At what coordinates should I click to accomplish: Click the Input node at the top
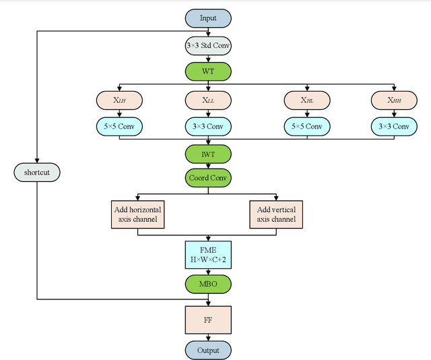tap(208, 18)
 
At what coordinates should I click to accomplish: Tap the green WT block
tap(208, 71)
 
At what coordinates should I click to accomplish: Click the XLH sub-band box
tap(119, 100)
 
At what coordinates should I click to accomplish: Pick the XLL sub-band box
tap(208, 100)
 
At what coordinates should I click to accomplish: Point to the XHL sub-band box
tap(306, 100)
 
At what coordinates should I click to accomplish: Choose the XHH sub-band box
tap(393, 100)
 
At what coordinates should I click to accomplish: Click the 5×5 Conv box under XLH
tap(119, 126)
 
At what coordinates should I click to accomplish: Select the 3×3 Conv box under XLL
tap(208, 126)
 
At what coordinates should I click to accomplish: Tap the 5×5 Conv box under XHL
tap(306, 126)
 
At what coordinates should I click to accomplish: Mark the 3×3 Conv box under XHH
tap(393, 126)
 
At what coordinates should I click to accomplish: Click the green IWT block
tap(208, 154)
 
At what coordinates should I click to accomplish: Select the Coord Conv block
tap(208, 178)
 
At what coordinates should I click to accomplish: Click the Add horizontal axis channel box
tap(137, 214)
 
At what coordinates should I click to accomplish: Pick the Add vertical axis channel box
tap(276, 214)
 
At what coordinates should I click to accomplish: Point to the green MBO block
tap(208, 284)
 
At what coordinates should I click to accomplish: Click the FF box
tap(208, 320)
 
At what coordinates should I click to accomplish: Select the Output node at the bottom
tap(208, 351)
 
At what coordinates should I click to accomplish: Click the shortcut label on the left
tap(37, 173)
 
